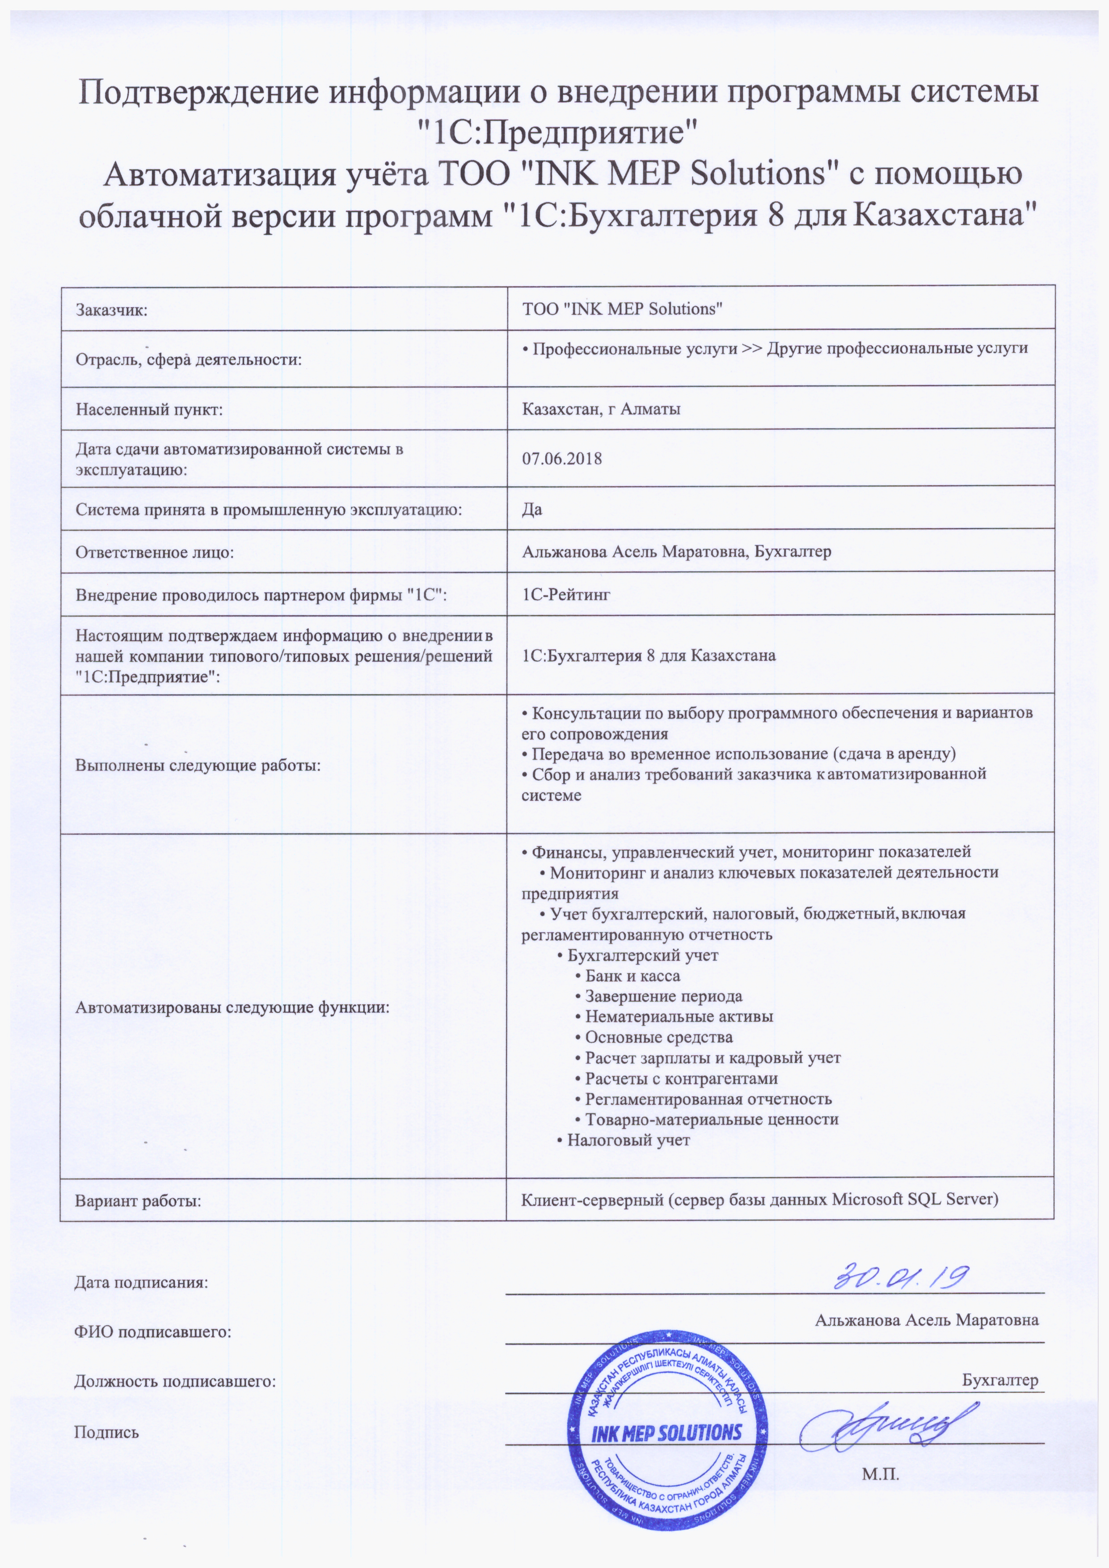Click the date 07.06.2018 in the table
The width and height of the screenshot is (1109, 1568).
tap(561, 458)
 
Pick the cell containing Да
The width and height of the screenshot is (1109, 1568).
tap(532, 509)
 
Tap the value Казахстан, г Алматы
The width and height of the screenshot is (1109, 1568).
tap(601, 409)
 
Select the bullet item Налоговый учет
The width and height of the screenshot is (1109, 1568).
tap(628, 1140)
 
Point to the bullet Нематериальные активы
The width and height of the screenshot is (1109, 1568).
tap(679, 1017)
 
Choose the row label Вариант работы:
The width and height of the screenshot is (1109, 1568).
tap(139, 1200)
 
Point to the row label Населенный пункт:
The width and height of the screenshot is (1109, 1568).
tap(150, 410)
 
